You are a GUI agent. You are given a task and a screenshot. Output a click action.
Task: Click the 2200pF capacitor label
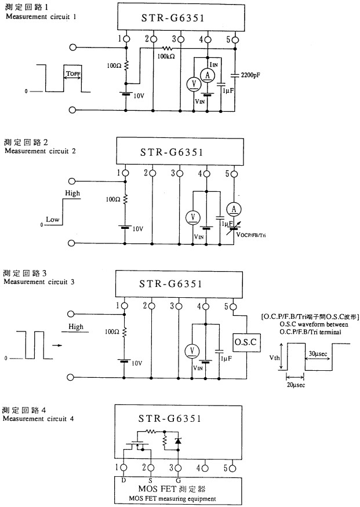point(250,75)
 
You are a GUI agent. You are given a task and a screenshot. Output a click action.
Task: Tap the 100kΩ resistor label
point(166,56)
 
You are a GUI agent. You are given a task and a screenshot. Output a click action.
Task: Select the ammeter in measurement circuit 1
point(208,75)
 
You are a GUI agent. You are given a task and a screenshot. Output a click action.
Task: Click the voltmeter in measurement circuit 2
point(193,217)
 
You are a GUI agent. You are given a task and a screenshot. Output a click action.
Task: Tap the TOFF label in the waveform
point(73,74)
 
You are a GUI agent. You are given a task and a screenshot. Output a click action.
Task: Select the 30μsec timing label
point(318,353)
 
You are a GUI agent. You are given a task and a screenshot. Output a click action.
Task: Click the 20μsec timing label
point(296,385)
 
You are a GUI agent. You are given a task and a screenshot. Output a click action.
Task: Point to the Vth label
point(274,358)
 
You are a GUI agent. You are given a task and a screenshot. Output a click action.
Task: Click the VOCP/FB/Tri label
point(251,235)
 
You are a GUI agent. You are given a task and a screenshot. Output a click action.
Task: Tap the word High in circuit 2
point(72,193)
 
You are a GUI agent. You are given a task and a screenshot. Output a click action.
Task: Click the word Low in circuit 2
point(52,220)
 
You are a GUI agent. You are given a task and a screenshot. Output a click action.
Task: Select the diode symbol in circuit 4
point(177,441)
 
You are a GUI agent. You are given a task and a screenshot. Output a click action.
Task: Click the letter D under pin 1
point(123,480)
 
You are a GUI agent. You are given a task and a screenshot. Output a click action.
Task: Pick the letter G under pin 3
point(178,480)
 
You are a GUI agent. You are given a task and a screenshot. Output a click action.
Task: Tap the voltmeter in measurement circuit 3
point(192,351)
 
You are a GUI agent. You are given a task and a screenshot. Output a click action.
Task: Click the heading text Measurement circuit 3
point(39,282)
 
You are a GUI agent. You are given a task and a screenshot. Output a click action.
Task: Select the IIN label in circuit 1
point(213,65)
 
